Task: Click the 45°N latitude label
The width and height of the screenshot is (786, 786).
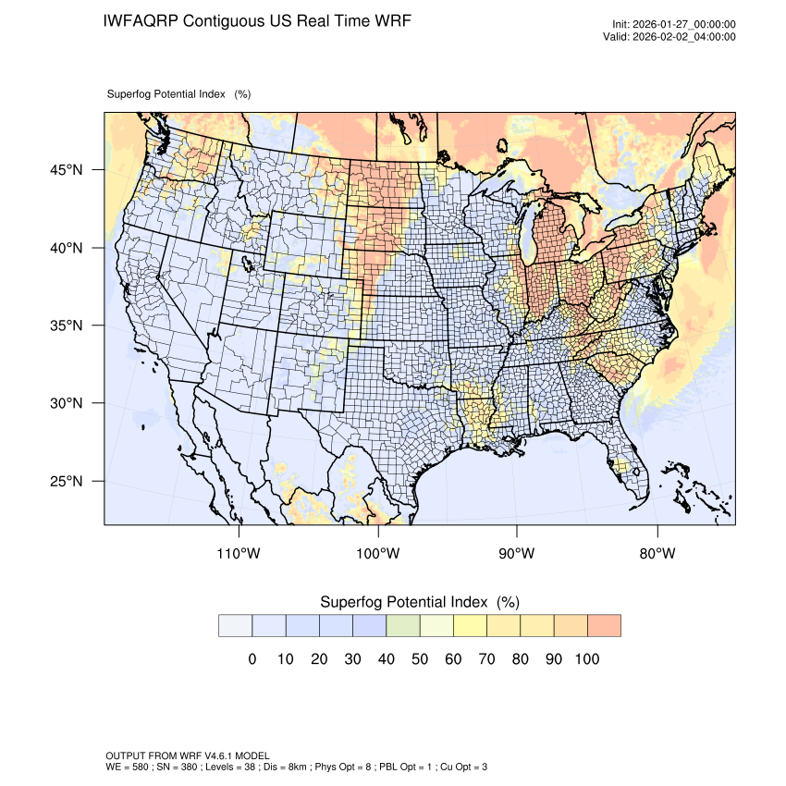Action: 66,170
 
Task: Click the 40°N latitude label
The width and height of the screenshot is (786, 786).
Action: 66,248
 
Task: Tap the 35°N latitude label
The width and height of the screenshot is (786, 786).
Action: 66,325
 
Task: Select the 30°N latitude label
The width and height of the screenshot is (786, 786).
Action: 66,403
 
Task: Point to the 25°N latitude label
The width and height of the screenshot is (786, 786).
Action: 66,481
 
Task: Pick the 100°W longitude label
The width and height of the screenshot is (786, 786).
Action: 378,554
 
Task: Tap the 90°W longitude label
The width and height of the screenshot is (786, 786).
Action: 517,554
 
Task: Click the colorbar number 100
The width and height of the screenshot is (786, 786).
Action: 586,659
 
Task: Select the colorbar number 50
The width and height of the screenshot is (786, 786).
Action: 419,659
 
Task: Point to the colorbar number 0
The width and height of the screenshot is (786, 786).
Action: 252,659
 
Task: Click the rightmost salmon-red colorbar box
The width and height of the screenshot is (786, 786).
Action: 604,626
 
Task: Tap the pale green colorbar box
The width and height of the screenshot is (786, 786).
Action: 402,626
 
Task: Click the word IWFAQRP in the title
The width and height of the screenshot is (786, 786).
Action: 141,20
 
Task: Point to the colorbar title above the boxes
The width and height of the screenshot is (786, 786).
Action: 419,602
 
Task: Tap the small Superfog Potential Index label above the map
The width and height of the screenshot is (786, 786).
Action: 166,94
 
